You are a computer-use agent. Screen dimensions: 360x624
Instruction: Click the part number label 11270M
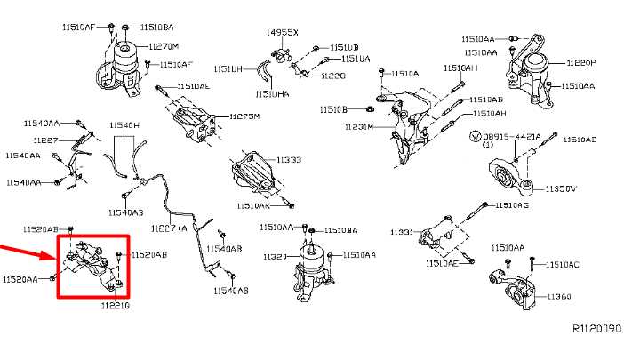(164, 46)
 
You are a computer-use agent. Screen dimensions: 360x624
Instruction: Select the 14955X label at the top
(283, 32)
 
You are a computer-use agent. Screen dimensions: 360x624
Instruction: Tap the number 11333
(289, 160)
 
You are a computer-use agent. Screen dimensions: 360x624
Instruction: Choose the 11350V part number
(561, 189)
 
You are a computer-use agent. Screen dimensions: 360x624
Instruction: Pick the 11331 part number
(401, 232)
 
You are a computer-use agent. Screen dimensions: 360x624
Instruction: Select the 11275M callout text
(244, 116)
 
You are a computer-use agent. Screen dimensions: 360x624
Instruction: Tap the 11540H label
(124, 126)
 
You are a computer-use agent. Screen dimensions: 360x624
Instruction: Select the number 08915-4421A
(515, 138)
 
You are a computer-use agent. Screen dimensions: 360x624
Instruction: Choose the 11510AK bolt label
(252, 205)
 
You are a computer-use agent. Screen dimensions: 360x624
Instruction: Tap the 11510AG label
(512, 205)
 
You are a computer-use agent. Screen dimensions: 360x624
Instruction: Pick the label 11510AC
(562, 265)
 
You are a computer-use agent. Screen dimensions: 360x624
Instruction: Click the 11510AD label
(579, 140)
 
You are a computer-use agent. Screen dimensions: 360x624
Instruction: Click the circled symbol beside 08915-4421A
(474, 137)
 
